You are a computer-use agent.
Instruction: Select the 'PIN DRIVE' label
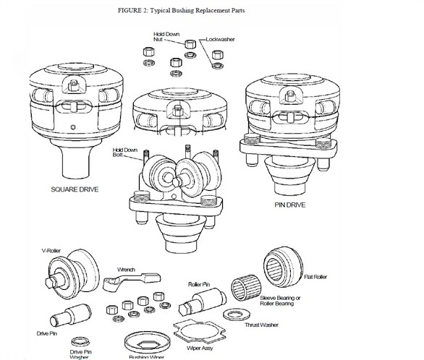[291, 205]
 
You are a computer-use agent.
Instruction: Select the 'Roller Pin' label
[200, 285]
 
